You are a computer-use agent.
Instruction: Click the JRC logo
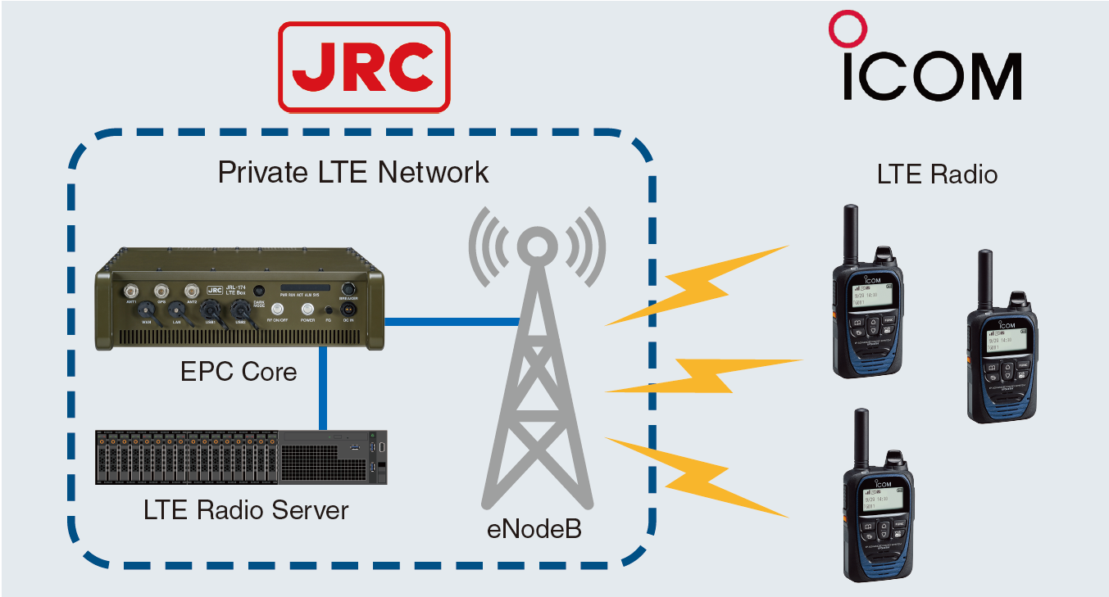point(364,67)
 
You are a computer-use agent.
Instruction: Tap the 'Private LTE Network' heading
point(353,173)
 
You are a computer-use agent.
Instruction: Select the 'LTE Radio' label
point(937,174)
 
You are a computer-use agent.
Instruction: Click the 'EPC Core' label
point(239,373)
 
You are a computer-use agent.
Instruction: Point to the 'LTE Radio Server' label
point(246,510)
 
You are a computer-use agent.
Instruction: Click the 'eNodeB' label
point(534,528)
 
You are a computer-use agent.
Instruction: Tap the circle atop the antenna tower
point(536,246)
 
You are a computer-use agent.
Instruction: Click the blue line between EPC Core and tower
point(452,320)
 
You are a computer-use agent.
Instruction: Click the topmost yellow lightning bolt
point(697,283)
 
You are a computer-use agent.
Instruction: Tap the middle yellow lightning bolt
point(705,375)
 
